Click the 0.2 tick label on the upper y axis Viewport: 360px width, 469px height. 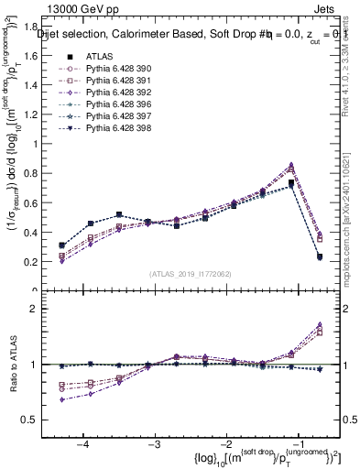(38, 262)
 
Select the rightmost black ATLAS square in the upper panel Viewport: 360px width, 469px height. (320, 257)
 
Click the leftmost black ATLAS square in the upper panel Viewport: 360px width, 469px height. (61, 245)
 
